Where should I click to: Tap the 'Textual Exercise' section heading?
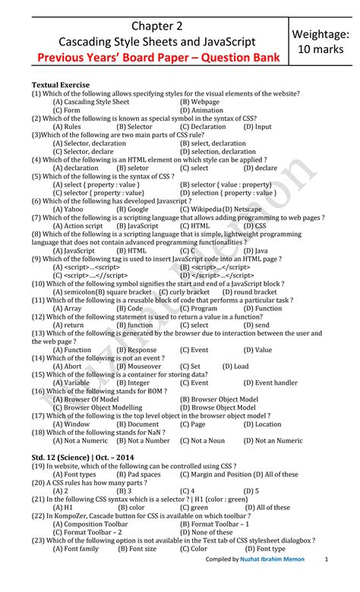(60, 84)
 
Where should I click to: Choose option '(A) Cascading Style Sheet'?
(91, 101)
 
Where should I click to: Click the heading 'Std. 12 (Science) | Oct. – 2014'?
(84, 458)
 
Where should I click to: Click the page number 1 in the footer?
(326, 581)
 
